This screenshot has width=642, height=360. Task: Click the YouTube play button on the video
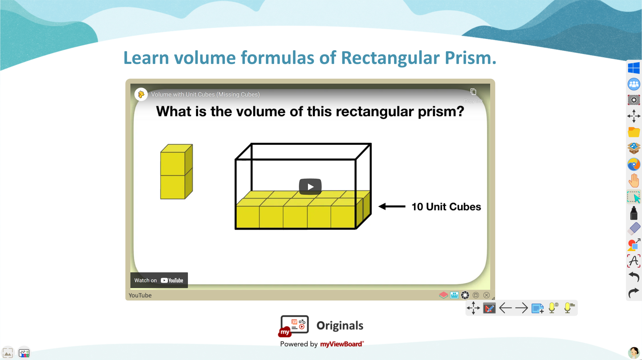pos(310,186)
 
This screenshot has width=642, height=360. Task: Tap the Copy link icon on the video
pos(473,92)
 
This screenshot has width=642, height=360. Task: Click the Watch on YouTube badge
pos(159,280)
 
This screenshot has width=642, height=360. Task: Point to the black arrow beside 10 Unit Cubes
pos(392,206)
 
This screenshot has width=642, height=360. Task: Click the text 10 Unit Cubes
pos(446,207)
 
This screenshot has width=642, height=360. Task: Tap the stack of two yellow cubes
pos(177,172)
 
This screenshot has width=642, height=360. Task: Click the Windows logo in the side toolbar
pos(634,68)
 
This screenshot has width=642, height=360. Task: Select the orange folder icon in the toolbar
pos(634,132)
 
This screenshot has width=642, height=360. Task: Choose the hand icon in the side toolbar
pos(634,181)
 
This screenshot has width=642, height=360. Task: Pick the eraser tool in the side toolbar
pos(634,229)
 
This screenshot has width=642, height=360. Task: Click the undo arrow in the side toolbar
pos(634,277)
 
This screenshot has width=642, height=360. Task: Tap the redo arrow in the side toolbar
pos(634,293)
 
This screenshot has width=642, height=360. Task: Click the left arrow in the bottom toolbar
pos(505,308)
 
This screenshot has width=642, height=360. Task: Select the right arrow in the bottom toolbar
pos(521,308)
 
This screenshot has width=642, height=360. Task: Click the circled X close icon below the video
pos(487,295)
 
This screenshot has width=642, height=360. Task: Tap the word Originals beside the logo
pos(340,326)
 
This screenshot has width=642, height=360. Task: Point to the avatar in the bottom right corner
pos(634,353)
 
